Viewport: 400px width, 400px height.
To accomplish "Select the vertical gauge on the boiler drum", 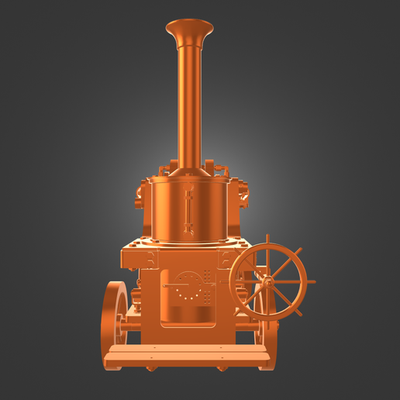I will pyautogui.click(x=188, y=211).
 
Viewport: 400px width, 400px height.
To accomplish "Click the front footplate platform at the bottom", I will pyautogui.click(x=190, y=356).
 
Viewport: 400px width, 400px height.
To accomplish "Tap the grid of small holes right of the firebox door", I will pyautogui.click(x=208, y=287).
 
